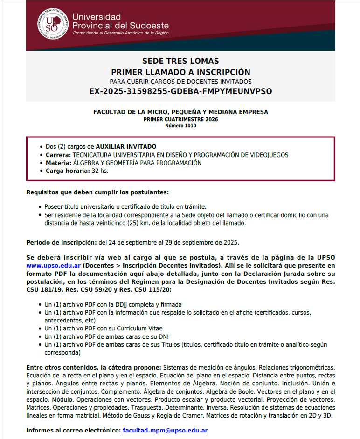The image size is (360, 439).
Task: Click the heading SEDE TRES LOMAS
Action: [x=180, y=62]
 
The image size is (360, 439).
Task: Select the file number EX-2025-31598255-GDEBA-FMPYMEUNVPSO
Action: [x=180, y=91]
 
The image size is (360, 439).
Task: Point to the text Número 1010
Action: [x=180, y=125]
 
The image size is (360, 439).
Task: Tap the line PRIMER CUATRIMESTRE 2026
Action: [x=180, y=119]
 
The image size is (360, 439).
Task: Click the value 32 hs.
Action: [x=100, y=171]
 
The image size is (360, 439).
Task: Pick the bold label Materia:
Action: [x=58, y=163]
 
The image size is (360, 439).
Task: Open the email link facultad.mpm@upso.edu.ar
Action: [x=165, y=431]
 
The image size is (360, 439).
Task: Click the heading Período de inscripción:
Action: [x=61, y=242]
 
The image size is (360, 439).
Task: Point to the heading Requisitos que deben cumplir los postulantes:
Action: [x=97, y=192]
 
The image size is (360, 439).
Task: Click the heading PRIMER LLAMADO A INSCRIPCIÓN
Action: [x=180, y=72]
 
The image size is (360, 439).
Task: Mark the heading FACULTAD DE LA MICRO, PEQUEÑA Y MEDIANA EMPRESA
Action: [x=180, y=112]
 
